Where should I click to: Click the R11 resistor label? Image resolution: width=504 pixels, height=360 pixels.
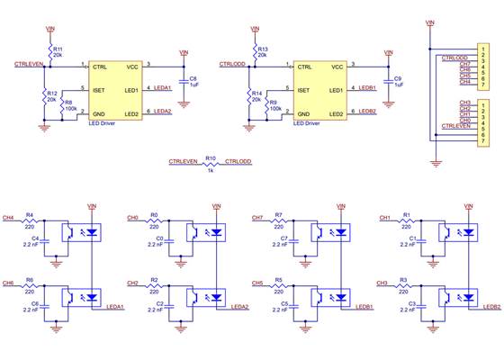click(58, 49)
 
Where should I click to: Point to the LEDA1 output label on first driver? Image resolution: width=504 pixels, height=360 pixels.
click(163, 88)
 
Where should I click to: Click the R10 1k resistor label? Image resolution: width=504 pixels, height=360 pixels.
click(211, 157)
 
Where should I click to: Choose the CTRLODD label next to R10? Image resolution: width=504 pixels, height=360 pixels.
click(239, 162)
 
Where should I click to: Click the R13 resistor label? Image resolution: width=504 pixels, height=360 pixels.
click(263, 49)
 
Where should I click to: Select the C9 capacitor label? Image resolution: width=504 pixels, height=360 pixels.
click(398, 78)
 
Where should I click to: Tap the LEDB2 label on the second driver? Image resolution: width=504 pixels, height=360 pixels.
click(368, 112)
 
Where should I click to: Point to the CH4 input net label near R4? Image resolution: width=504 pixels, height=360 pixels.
click(8, 217)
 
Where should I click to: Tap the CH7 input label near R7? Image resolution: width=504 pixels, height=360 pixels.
click(257, 217)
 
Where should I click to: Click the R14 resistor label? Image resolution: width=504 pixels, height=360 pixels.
click(257, 93)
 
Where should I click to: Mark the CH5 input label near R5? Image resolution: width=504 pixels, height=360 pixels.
click(257, 283)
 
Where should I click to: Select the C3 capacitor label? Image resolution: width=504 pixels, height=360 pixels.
click(411, 304)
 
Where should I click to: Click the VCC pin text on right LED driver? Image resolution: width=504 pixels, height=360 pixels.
click(337, 67)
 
